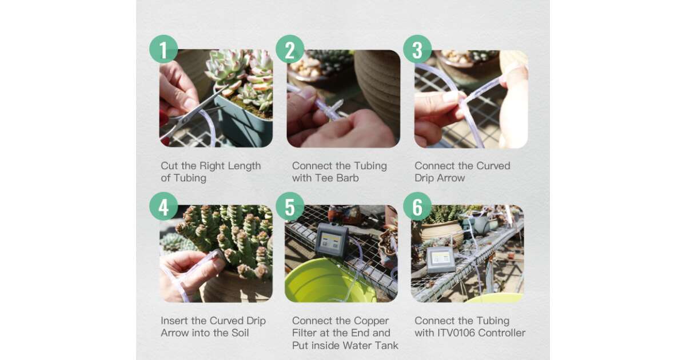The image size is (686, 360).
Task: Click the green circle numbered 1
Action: [x=163, y=49]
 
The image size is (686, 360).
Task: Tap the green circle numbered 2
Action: [x=290, y=49]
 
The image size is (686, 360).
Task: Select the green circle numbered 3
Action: [x=417, y=49]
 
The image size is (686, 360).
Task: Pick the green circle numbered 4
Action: [x=163, y=206]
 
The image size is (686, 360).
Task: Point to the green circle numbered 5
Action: [x=290, y=206]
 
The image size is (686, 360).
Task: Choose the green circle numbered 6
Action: [x=417, y=206]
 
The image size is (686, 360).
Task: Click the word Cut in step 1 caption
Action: [x=169, y=166]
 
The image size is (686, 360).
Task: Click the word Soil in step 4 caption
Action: [x=240, y=333]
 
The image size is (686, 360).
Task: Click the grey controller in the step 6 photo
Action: [x=441, y=259]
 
